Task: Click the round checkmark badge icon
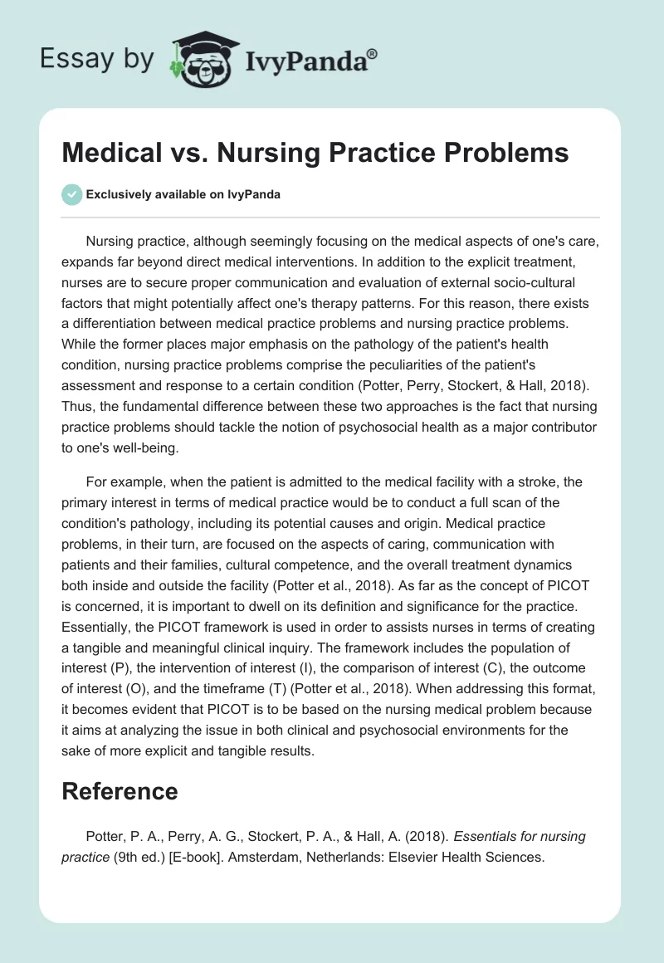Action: (71, 195)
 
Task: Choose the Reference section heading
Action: (120, 791)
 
